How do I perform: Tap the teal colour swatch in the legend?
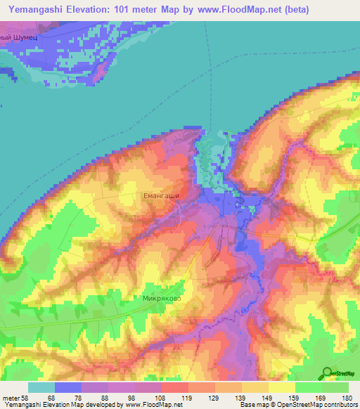click(41, 387)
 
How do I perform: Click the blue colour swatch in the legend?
click(68, 387)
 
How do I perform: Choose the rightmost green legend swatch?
click(335, 387)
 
